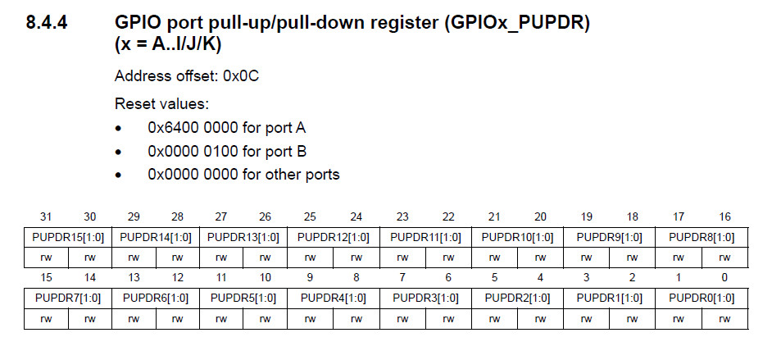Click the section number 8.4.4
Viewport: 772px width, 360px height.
coord(47,23)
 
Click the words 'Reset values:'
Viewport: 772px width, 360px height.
coord(162,104)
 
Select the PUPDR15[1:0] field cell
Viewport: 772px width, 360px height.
coord(68,237)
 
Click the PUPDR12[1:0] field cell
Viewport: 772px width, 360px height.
coord(334,237)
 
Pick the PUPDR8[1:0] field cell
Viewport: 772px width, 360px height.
coord(702,237)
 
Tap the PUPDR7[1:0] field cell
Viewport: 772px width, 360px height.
coord(68,298)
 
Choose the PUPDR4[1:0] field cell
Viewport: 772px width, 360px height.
coord(334,298)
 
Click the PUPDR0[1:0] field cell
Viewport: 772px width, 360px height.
coord(702,298)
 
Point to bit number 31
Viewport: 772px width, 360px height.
coord(46,216)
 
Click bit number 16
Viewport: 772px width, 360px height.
coord(724,216)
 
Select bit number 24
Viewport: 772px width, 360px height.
coord(356,216)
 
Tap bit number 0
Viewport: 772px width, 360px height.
coord(724,278)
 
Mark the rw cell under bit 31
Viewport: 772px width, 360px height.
coord(46,257)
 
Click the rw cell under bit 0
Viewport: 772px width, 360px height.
coord(724,319)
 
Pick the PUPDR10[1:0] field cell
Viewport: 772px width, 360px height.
coord(517,237)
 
